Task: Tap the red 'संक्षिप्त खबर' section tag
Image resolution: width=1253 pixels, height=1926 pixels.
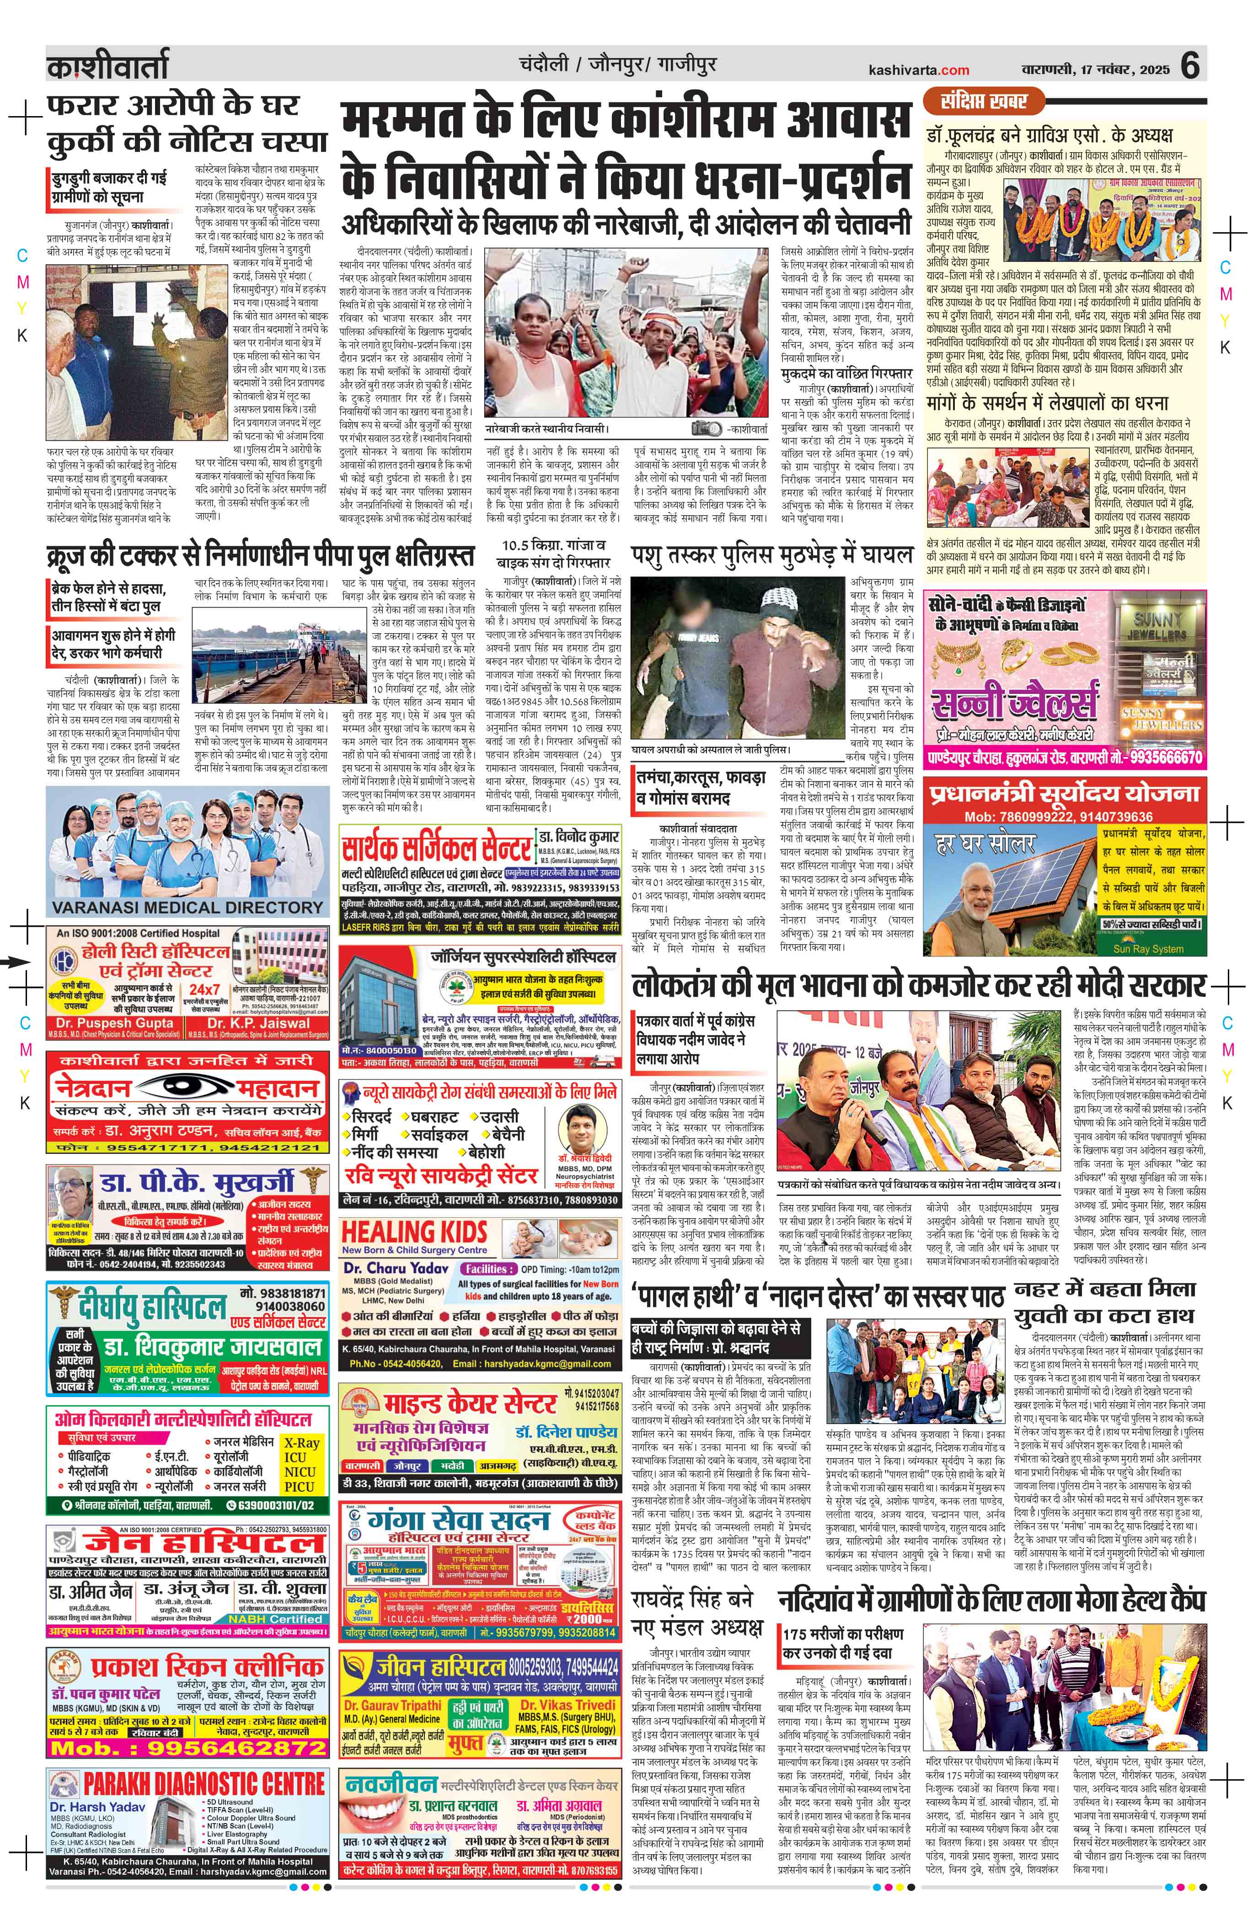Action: coord(984,101)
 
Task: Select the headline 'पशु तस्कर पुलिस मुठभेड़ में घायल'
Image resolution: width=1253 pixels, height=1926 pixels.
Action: coord(771,555)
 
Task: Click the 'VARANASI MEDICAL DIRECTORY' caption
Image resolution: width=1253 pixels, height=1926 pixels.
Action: coord(188,907)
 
